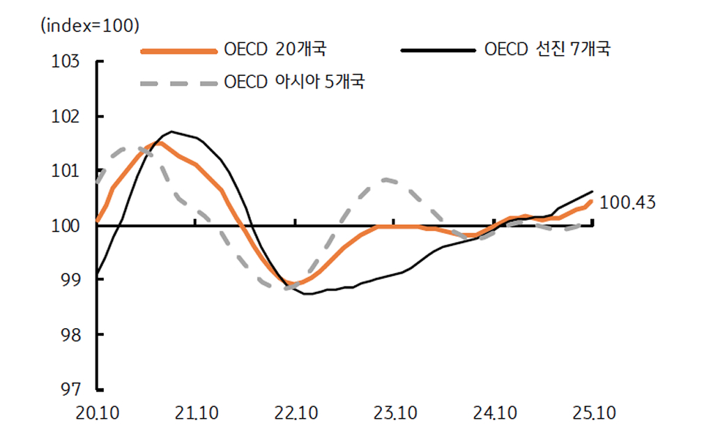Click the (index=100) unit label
pyautogui.click(x=91, y=26)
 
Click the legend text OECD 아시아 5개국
pyautogui.click(x=294, y=82)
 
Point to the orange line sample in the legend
pyautogui.click(x=178, y=50)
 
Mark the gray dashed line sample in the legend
pyautogui.click(x=178, y=83)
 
